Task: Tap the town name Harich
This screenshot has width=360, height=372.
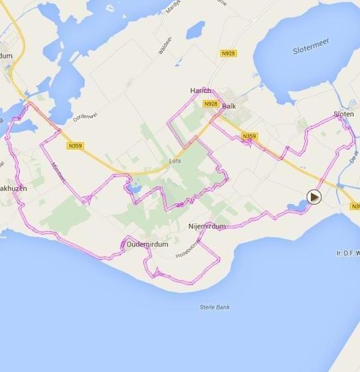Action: pos(200,91)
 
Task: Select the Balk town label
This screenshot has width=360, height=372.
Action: pos(229,106)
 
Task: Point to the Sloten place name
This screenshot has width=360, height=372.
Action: pos(343,114)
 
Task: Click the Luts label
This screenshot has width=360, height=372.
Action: pos(175,161)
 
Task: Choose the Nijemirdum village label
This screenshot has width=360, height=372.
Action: pos(207,227)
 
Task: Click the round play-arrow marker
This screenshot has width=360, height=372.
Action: pos(314,197)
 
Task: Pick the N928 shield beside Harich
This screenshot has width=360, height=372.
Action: pos(211,104)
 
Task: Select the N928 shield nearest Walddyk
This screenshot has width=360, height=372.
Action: pos(228,52)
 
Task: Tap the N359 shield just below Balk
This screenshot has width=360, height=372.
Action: pos(249,137)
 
